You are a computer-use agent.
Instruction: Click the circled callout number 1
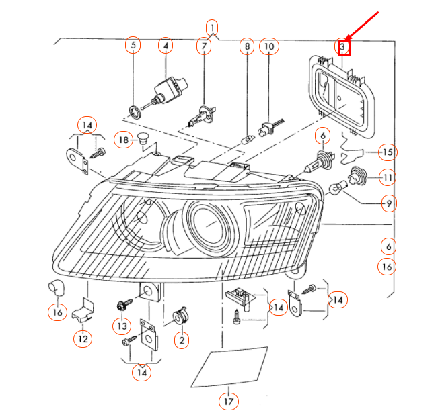click(212, 28)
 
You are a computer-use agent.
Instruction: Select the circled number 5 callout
click(133, 46)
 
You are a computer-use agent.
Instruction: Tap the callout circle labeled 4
click(166, 46)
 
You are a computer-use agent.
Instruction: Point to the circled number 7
click(203, 46)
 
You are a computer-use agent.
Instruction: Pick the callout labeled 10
click(268, 46)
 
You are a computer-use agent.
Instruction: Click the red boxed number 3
click(343, 48)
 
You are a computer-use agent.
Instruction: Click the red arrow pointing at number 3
click(365, 28)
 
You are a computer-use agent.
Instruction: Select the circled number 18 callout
click(122, 140)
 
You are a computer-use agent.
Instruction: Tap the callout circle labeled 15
click(387, 152)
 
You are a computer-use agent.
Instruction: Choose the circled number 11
click(387, 178)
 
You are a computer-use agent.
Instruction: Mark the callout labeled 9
click(387, 201)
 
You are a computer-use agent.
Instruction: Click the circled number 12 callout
click(82, 339)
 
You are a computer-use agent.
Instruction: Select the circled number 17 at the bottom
click(229, 402)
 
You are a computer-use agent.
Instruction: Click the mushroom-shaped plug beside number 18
click(142, 140)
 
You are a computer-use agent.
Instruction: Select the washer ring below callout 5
click(134, 109)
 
